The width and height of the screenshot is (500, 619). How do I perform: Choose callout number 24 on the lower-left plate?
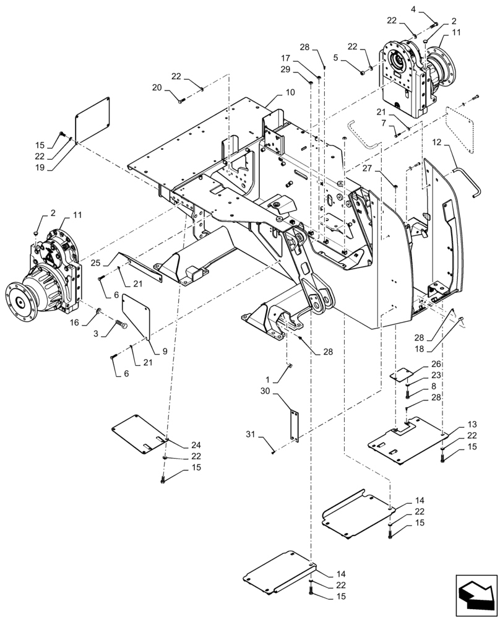[178, 445]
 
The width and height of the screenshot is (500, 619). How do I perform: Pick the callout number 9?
[165, 351]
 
